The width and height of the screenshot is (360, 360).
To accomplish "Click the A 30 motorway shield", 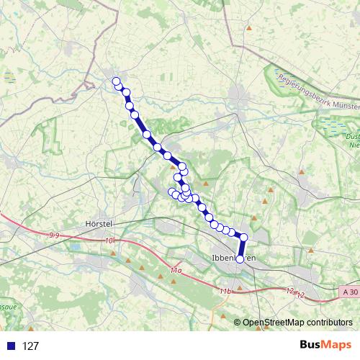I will click(350, 292).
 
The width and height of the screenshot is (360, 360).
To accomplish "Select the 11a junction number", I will click(176, 269).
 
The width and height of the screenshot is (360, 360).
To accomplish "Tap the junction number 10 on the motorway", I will click(109, 240).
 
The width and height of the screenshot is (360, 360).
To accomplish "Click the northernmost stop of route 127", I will click(116, 81).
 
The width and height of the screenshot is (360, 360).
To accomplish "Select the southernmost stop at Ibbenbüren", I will click(240, 259).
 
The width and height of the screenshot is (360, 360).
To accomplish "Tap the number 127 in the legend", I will click(30, 346).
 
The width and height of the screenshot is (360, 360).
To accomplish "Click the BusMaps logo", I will click(318, 346).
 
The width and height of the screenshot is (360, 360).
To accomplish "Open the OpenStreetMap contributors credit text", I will click(297, 323).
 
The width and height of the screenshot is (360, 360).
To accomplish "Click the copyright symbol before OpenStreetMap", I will click(237, 323).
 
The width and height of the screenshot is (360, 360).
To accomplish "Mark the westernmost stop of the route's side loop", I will click(171, 192).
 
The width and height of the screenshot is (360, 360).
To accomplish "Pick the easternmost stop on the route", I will click(243, 237).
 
